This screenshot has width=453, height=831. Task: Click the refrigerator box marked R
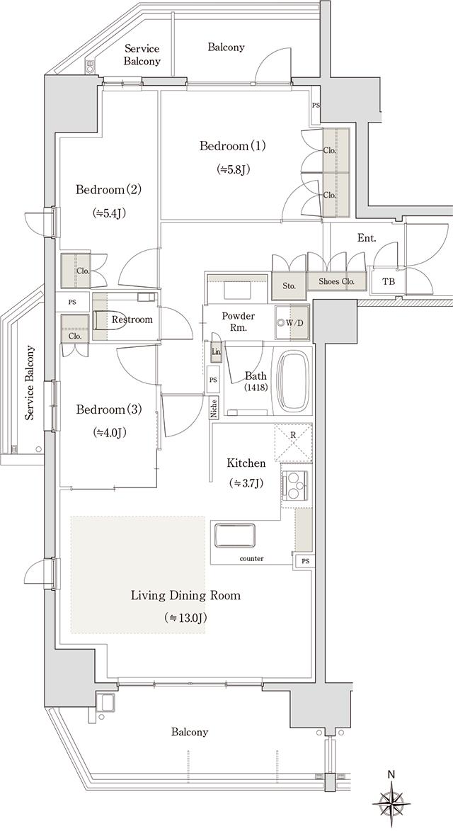point(294,442)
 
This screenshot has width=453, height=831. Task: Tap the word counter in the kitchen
point(251,559)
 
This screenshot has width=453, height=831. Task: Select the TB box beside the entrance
point(389,282)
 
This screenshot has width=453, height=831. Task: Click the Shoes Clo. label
point(336,281)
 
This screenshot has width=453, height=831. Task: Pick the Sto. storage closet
point(289,286)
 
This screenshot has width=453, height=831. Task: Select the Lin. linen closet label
point(215,352)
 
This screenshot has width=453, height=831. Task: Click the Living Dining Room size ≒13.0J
point(185,618)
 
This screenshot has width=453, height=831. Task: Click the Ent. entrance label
point(366,239)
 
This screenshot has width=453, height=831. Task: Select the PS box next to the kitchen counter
point(304,561)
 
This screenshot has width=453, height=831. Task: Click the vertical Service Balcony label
point(30,383)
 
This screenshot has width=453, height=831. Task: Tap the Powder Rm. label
point(238,321)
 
